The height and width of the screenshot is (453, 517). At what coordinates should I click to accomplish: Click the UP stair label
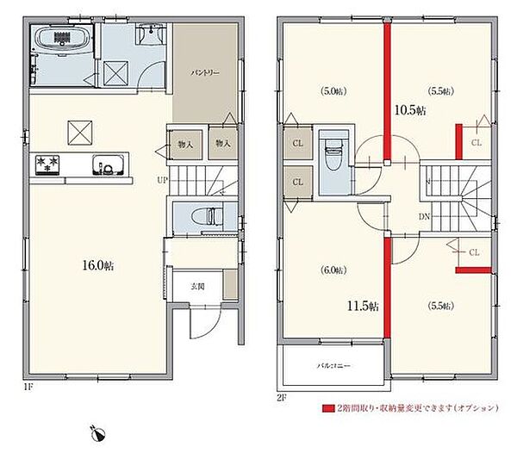[162, 181]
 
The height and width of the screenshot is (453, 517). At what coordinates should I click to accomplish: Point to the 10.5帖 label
[410, 109]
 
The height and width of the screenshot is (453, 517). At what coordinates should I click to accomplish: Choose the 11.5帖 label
[361, 304]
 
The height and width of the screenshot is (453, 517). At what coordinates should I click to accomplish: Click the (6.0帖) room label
[332, 270]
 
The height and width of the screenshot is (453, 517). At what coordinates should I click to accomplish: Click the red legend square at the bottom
[327, 408]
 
